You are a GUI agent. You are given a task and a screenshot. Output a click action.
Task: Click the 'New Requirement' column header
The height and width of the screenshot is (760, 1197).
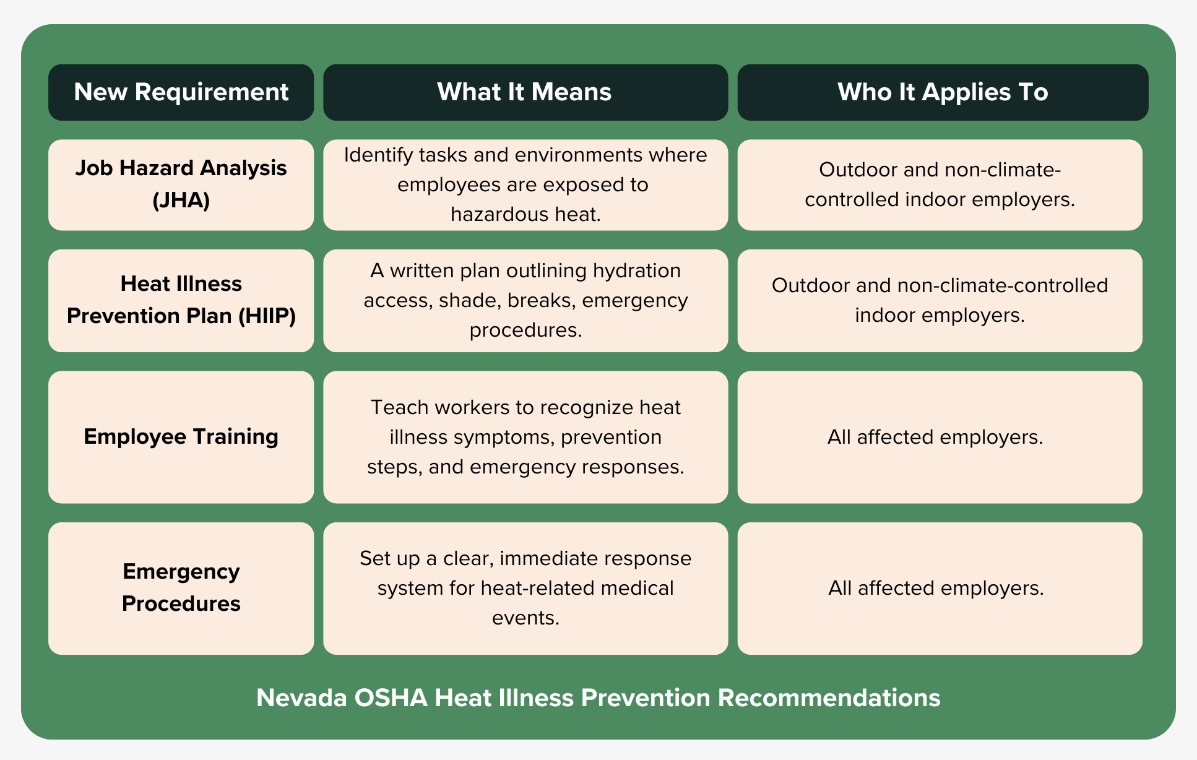[181, 92]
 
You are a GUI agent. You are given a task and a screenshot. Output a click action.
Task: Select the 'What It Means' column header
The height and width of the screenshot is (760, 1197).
[525, 92]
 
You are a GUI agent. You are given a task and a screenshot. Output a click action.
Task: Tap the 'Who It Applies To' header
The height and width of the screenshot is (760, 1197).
[943, 92]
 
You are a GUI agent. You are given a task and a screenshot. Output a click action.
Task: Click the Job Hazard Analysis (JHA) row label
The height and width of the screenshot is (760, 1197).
[181, 184]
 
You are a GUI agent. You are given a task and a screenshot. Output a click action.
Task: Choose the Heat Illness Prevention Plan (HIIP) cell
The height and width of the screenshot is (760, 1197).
[181, 300]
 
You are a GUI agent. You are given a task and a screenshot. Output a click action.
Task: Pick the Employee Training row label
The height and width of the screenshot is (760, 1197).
[181, 437]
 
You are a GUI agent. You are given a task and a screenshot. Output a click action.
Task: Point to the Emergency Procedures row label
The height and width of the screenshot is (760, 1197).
[181, 588]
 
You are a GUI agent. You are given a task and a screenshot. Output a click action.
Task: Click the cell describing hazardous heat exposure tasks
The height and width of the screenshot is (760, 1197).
[525, 184]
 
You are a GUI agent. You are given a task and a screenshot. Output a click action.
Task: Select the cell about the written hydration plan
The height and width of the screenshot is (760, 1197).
[525, 300]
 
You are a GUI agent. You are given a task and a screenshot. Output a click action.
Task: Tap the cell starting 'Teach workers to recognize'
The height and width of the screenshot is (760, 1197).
[525, 437]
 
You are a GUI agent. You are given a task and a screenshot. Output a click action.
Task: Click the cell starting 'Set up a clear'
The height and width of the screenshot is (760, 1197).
[525, 588]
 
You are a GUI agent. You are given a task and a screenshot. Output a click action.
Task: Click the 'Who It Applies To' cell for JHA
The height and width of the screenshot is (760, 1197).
[940, 184]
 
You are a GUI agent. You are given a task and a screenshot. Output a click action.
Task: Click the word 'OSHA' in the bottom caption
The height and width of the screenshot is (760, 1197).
[391, 698]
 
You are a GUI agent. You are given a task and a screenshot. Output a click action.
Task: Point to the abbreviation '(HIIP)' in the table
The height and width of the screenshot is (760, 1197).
[267, 316]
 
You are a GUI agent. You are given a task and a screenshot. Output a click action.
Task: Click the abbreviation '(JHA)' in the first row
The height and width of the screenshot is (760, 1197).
[181, 201]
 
